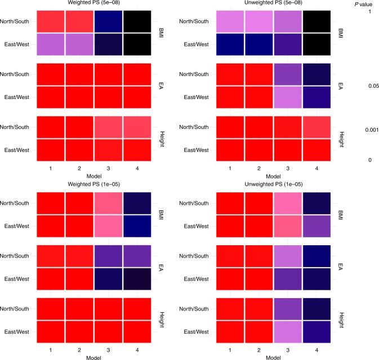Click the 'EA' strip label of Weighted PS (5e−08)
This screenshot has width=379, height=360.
[159, 85]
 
